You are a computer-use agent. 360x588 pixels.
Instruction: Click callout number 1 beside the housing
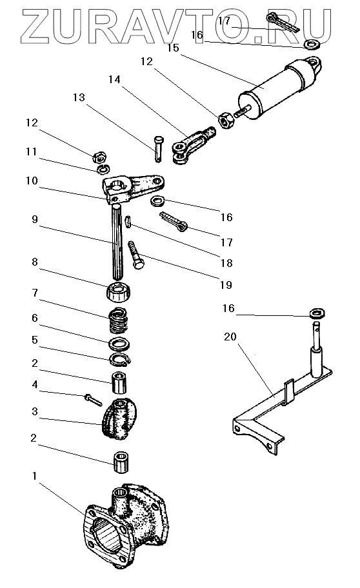click(x=35, y=476)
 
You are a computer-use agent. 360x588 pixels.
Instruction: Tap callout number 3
click(x=35, y=411)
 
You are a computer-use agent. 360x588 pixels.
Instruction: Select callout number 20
click(x=230, y=337)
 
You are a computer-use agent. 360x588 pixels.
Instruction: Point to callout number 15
click(x=174, y=48)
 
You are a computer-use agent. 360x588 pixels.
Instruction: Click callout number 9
click(x=35, y=219)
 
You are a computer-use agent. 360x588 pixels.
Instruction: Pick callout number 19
click(x=226, y=285)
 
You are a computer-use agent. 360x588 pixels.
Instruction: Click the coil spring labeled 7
click(x=119, y=320)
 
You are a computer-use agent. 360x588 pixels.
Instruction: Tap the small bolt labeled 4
click(x=93, y=400)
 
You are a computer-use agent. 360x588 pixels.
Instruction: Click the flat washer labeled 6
click(x=119, y=344)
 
